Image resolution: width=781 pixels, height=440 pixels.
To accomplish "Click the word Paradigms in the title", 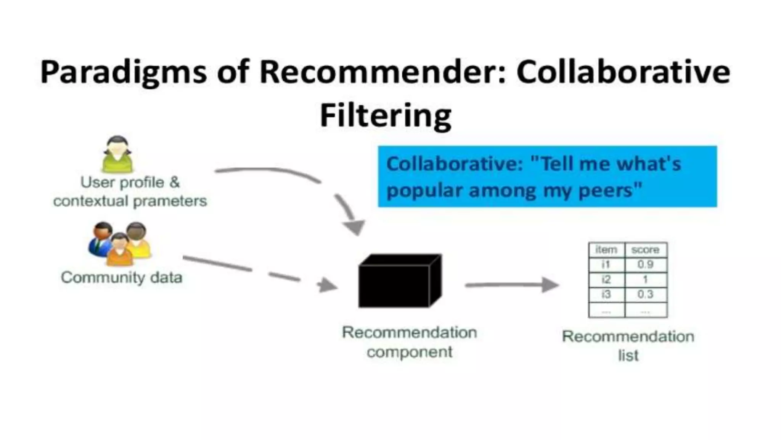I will tap(124, 73).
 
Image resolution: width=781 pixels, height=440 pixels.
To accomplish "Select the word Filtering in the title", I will tap(386, 115).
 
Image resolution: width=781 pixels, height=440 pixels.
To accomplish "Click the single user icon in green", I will tap(117, 154).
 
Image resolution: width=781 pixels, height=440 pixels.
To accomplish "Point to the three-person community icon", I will tap(120, 244).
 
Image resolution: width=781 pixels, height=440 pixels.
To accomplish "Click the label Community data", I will tap(121, 277).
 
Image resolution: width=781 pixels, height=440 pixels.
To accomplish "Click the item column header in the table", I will tap(606, 250).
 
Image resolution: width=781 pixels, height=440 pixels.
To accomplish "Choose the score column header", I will tap(645, 250).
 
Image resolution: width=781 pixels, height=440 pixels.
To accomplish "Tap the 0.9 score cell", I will tap(645, 264).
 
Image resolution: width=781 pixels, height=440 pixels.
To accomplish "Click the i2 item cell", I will tap(606, 280).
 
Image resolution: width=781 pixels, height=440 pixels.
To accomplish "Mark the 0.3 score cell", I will tap(645, 294).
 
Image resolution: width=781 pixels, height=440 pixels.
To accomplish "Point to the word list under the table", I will tap(628, 356).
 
